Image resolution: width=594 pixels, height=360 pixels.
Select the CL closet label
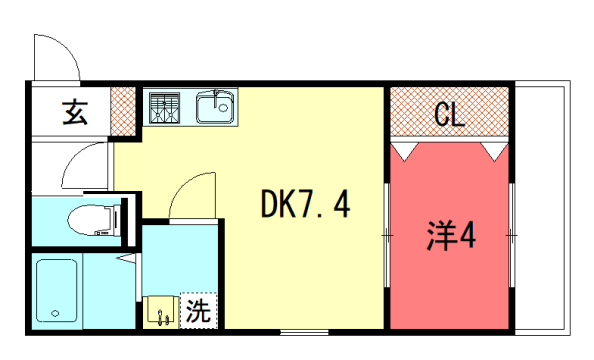coord(449,114)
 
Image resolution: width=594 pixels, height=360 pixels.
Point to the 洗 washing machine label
coord(198,311)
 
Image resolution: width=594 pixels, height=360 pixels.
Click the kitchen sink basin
coord(214,106)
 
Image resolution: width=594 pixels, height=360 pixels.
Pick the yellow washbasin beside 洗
coord(161,312)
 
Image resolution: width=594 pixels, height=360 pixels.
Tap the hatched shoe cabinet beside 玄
coord(122,111)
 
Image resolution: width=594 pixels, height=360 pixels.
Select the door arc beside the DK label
coord(193,197)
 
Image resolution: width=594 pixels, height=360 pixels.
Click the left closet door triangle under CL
coord(404,150)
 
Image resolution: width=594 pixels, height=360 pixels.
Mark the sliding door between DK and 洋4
coord(387,235)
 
